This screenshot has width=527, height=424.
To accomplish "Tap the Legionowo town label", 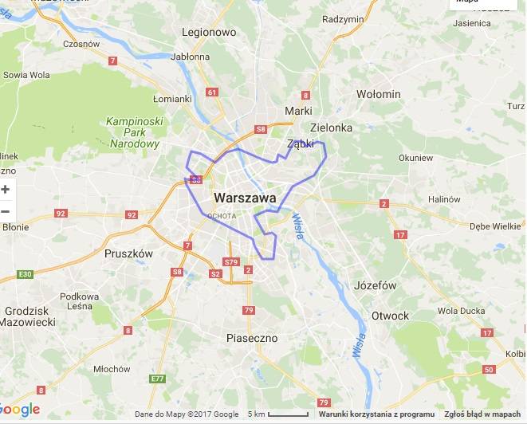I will coord(210,33).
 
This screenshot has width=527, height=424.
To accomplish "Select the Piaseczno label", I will coord(251,338).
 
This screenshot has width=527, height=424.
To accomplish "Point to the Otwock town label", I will coord(390,316).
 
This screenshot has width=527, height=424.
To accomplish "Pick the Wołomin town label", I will coord(378,94).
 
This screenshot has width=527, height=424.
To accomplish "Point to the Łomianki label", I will coord(172,99).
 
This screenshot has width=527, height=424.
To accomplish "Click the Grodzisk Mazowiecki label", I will coord(29,316).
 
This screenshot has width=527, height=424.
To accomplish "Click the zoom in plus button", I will coord(6,190).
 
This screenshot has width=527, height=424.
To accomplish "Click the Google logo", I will coord(20,410).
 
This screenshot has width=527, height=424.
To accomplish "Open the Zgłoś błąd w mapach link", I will coord(482,414).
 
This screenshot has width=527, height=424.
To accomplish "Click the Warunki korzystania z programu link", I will coord(376,414).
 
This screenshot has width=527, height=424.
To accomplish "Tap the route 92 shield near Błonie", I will coord(61,214).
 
